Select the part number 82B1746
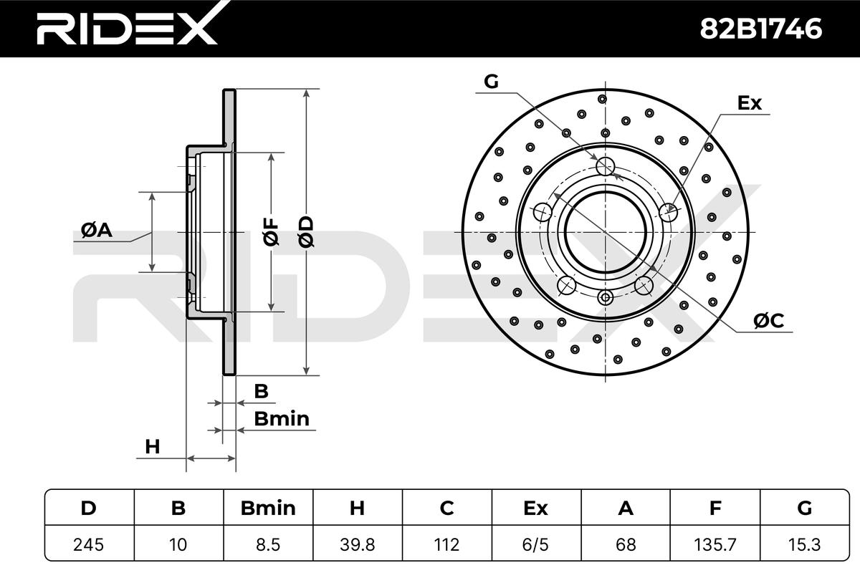761,29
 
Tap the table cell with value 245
89,544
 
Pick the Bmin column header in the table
268,508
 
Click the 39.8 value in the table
357,544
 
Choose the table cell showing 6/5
536,544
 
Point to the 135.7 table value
715,544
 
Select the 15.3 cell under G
804,544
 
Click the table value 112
446,544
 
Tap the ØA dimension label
96,230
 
